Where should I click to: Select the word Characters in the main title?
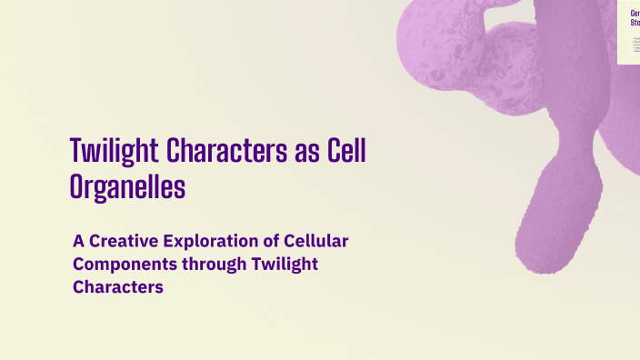[x=218, y=151]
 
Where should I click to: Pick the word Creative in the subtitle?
[x=125, y=242]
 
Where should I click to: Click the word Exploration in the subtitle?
[x=215, y=242]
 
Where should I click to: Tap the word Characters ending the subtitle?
[x=118, y=287]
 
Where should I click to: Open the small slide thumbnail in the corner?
[x=628, y=33]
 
